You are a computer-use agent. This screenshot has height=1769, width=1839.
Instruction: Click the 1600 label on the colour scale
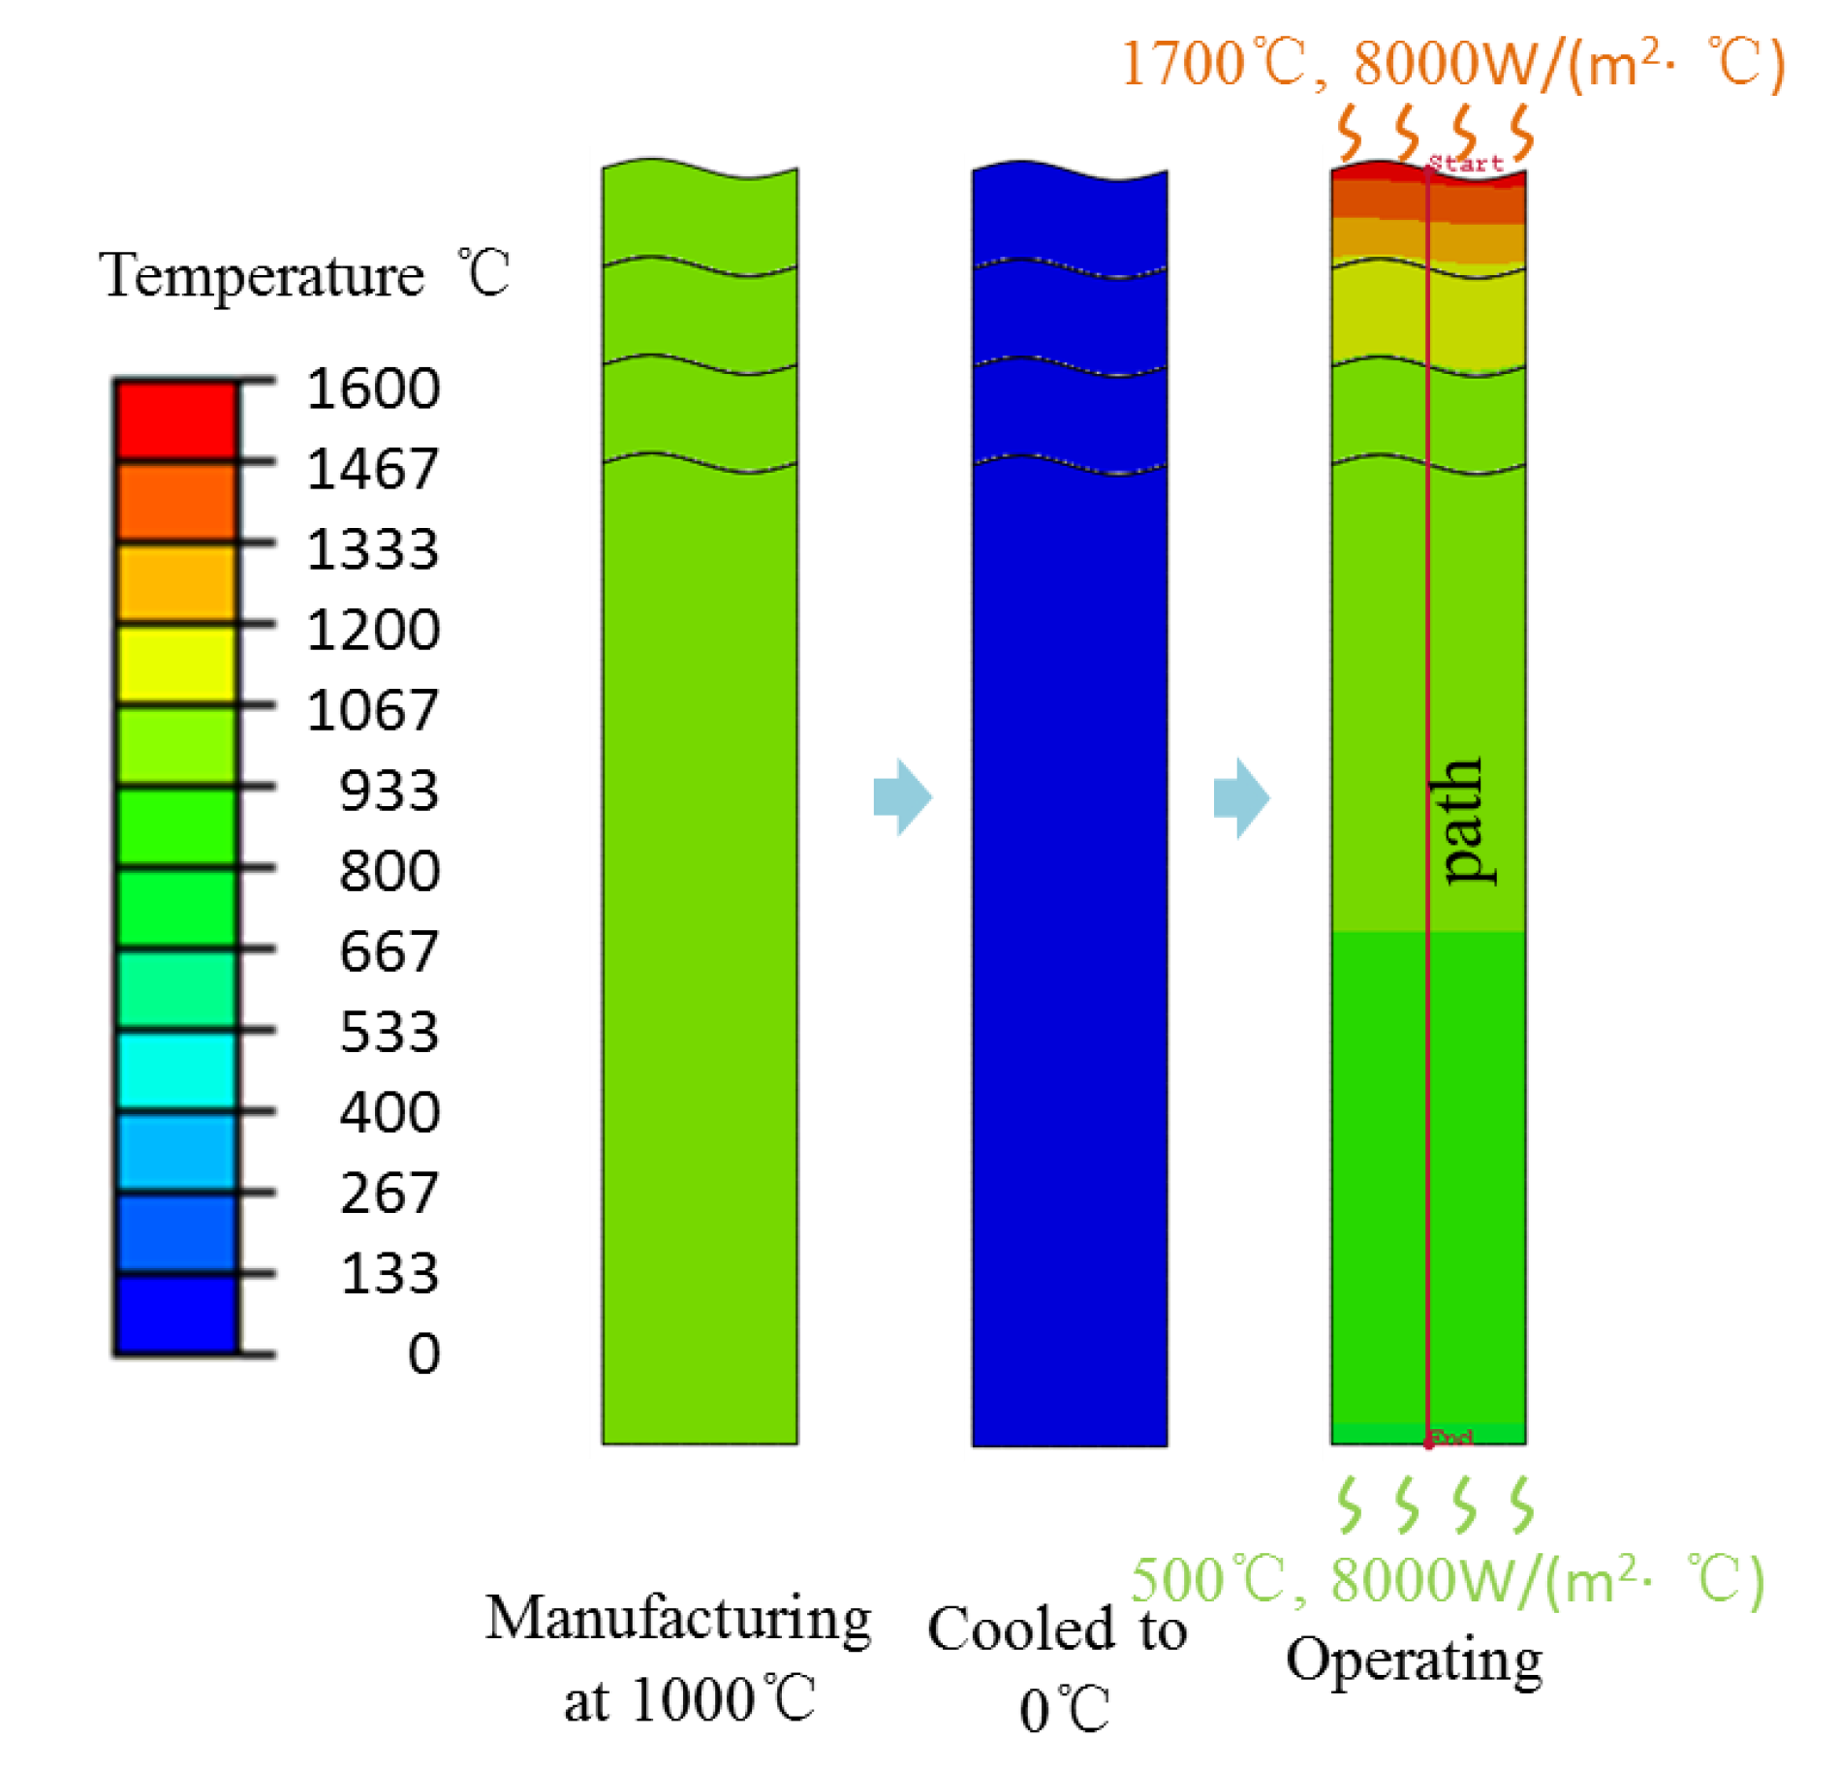(x=373, y=388)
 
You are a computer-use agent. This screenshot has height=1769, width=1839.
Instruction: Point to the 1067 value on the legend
(x=373, y=710)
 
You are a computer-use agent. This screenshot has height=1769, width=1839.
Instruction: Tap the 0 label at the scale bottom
(x=423, y=1353)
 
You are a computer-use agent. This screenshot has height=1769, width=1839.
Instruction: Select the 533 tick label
(x=390, y=1032)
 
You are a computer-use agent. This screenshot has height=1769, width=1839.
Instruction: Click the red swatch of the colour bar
(x=176, y=419)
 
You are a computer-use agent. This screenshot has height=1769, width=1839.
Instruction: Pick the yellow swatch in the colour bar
(x=176, y=664)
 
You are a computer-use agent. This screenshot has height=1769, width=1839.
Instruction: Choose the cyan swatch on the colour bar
(x=176, y=1071)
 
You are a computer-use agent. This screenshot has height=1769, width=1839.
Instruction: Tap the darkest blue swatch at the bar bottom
(x=176, y=1313)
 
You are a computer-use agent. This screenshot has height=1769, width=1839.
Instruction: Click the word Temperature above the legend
(x=262, y=276)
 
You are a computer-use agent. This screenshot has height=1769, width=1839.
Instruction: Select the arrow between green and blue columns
(x=902, y=796)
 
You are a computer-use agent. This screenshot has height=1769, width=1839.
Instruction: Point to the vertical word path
(x=1462, y=821)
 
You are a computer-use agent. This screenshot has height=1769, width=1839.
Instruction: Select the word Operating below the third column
(x=1414, y=1660)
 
